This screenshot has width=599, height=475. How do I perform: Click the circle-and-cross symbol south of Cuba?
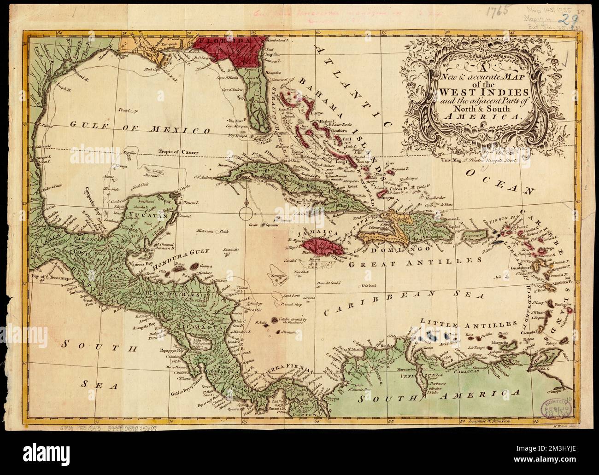tap(247, 212)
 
